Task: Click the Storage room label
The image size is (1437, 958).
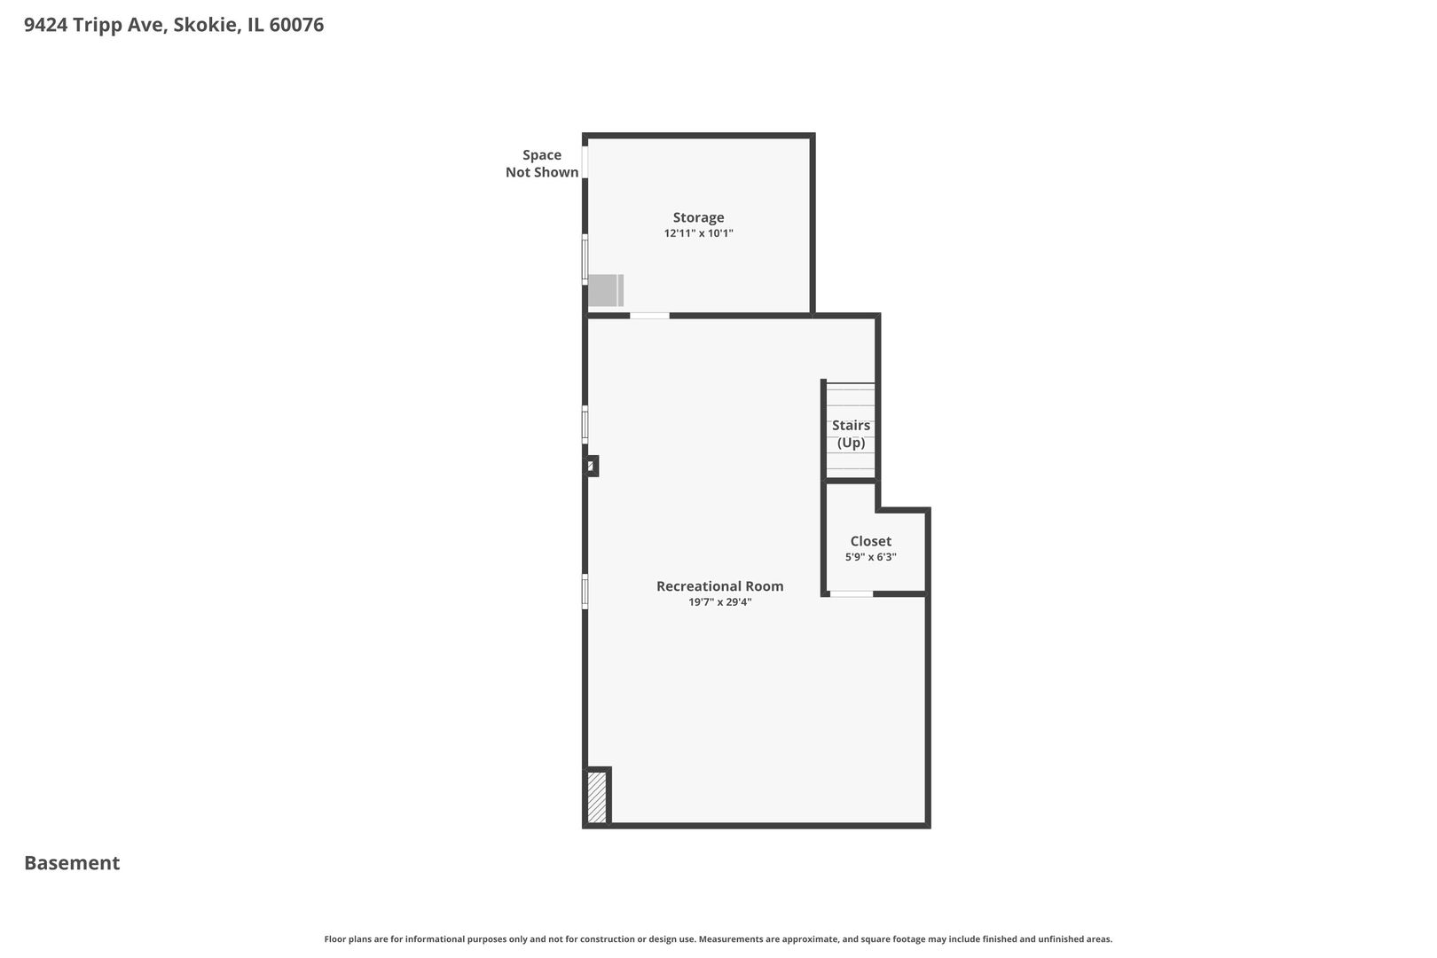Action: coord(698,217)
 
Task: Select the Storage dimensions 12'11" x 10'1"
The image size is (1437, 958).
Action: coord(698,233)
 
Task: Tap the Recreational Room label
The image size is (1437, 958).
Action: coord(719,585)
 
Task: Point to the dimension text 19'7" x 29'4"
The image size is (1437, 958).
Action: coord(719,602)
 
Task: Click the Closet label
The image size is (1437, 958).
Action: coord(870,541)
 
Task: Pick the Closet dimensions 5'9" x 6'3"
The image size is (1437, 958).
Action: coord(870,557)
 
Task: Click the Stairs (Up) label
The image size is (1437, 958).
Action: coord(852,434)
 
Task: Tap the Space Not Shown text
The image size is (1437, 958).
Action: coord(542,163)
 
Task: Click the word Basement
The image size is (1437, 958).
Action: coord(72,863)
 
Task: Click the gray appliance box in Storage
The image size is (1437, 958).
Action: coord(606,291)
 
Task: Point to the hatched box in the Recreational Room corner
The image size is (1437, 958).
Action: coord(597,797)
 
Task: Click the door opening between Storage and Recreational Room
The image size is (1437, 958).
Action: coord(649,316)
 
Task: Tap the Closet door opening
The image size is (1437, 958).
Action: coord(852,594)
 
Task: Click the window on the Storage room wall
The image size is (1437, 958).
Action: coord(585,259)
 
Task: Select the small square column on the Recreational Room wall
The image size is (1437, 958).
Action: coord(591,466)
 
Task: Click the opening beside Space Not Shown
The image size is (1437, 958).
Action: coord(585,162)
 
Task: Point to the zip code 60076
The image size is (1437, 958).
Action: coord(296,25)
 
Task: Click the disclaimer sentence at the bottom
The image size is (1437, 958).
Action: coord(718,939)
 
